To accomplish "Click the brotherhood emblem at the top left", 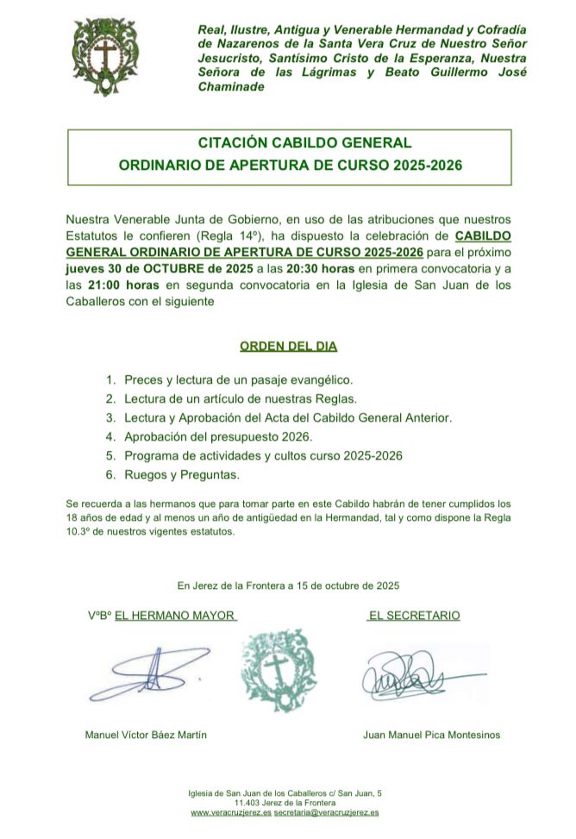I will coord(105,59).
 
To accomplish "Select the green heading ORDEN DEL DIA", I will coord(288,347).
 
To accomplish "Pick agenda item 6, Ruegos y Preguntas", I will coord(182,474).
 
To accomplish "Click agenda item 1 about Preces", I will coord(239,379).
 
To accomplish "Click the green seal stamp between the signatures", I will coord(278,668).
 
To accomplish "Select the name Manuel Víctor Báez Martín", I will coord(146,735).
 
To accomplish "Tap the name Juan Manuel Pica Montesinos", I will coord(432,735).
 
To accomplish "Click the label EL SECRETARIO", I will coord(414,616).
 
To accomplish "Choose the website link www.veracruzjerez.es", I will coord(231,812).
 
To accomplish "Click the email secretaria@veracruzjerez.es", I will coord(326,812).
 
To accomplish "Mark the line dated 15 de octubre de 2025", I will coord(288,585).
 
